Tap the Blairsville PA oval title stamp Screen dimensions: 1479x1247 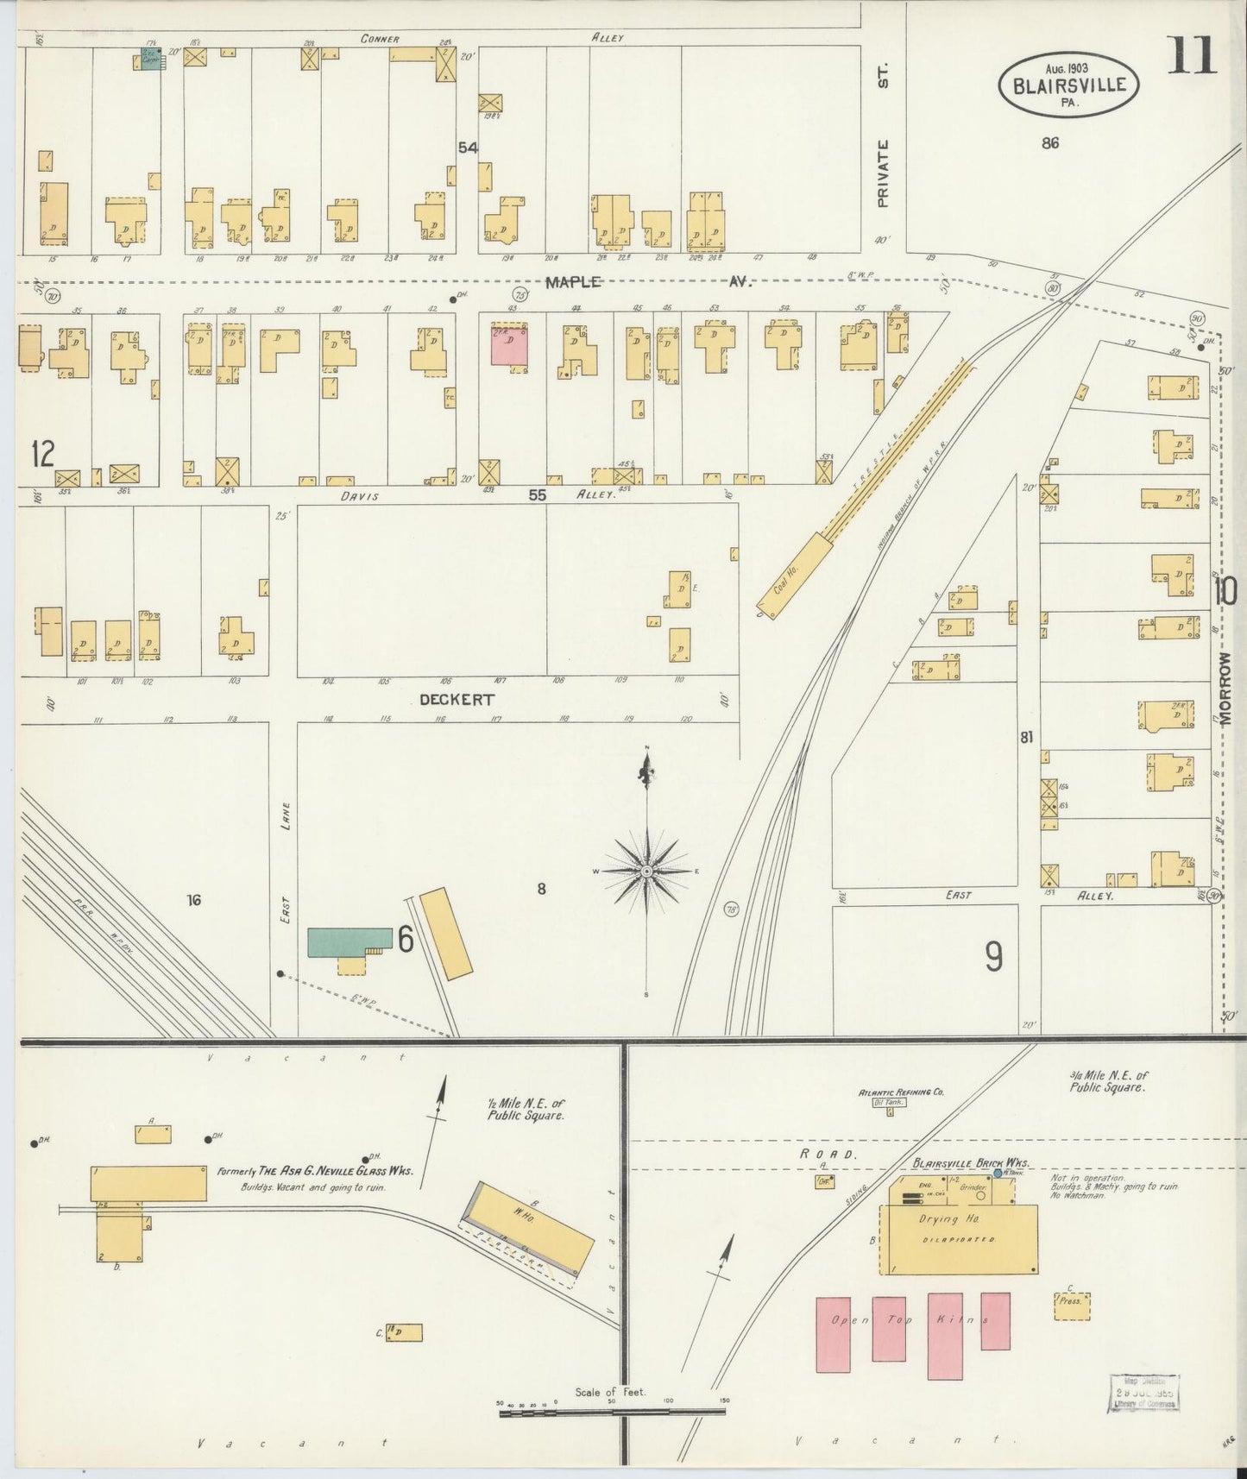coord(1068,85)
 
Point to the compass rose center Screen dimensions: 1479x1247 coord(646,872)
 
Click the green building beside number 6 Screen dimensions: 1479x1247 coord(349,941)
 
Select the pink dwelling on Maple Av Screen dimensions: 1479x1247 coord(509,345)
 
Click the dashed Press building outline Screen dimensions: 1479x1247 coord(1071,1306)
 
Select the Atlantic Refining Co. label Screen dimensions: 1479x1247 coord(900,1092)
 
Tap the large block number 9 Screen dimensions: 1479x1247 coord(993,956)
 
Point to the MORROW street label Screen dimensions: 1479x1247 coord(1227,685)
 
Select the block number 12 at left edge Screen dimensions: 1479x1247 coord(41,452)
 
